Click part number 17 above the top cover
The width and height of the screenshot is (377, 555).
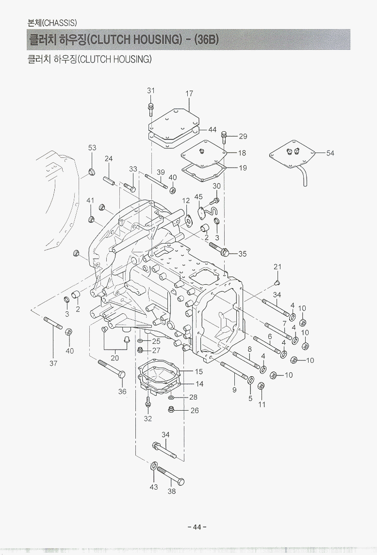pyautogui.click(x=189, y=93)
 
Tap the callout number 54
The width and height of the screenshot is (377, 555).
pyautogui.click(x=330, y=153)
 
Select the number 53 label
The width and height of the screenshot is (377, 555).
pyautogui.click(x=92, y=147)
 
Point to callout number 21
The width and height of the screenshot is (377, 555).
pyautogui.click(x=277, y=267)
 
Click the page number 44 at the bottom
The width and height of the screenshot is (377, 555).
pyautogui.click(x=197, y=527)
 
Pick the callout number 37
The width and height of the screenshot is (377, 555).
pyautogui.click(x=53, y=363)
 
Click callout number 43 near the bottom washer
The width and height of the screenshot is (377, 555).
pyautogui.click(x=154, y=487)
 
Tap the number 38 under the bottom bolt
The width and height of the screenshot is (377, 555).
pyautogui.click(x=171, y=491)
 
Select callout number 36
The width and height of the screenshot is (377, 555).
pyautogui.click(x=122, y=391)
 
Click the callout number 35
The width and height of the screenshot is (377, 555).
pyautogui.click(x=242, y=253)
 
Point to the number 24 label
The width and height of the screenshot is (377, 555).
pyautogui.click(x=109, y=158)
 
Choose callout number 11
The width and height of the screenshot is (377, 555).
pyautogui.click(x=262, y=404)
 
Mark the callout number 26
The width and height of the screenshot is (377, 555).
pyautogui.click(x=195, y=411)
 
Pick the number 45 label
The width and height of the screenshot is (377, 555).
pyautogui.click(x=198, y=197)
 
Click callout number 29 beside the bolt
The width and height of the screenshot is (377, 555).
pyautogui.click(x=243, y=137)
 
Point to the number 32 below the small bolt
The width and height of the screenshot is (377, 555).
pyautogui.click(x=148, y=419)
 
